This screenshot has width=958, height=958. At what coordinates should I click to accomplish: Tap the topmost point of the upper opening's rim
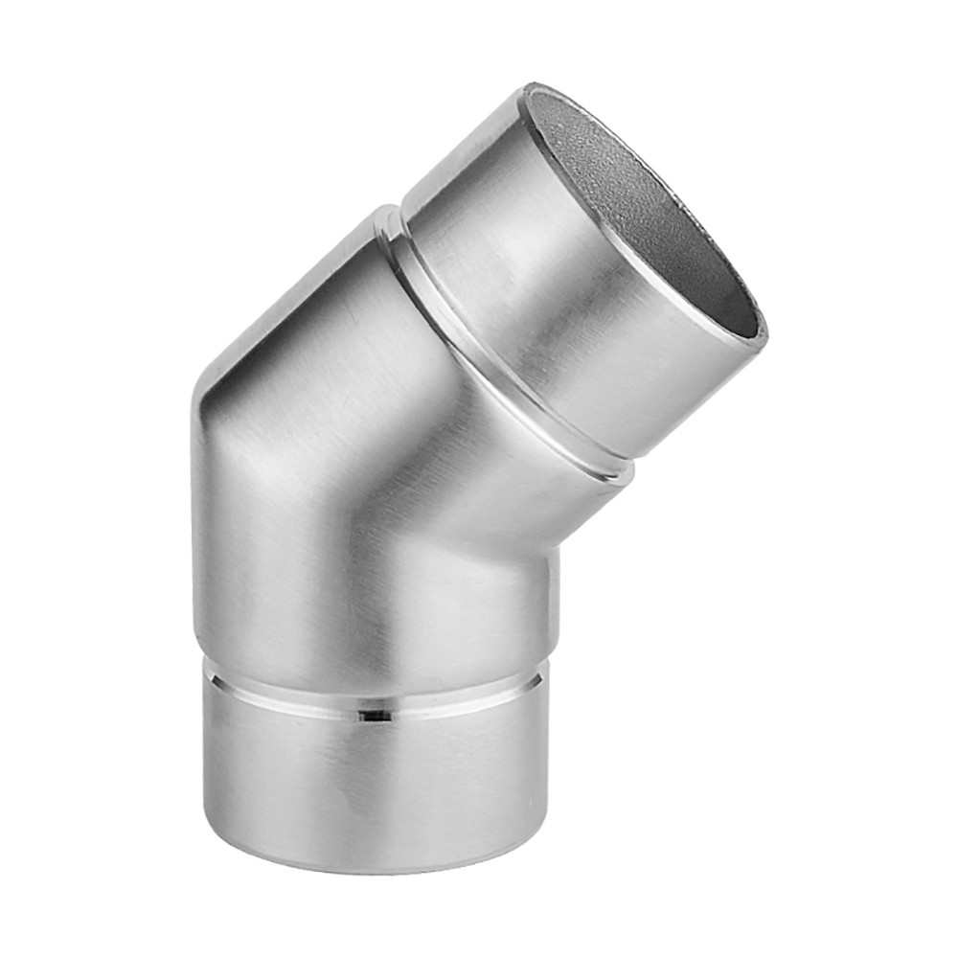[x=533, y=87]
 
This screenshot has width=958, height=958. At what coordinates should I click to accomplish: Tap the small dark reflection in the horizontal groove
[x=374, y=714]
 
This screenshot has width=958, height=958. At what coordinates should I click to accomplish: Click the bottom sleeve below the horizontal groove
[x=374, y=786]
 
